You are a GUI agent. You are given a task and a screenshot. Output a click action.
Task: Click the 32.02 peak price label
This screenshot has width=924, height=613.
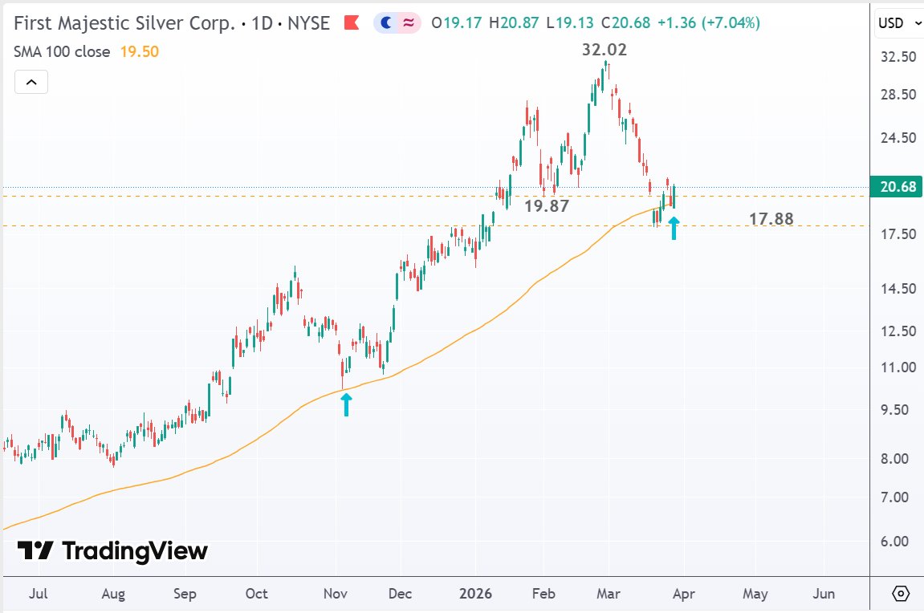click(x=604, y=49)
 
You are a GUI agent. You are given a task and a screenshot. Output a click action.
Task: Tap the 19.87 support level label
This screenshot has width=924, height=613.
click(x=547, y=205)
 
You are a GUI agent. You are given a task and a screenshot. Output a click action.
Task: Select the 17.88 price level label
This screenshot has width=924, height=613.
click(x=771, y=218)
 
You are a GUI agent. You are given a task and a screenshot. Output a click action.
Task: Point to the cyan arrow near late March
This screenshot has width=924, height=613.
click(x=674, y=228)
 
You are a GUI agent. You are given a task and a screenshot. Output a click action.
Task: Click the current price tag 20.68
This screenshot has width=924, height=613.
click(x=898, y=187)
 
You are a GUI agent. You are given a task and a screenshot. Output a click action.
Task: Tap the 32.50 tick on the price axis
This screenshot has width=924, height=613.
click(x=898, y=57)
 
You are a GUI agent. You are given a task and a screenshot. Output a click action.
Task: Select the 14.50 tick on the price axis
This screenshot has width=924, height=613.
click(x=898, y=288)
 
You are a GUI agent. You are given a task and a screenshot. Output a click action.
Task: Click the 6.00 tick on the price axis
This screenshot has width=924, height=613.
click(x=898, y=541)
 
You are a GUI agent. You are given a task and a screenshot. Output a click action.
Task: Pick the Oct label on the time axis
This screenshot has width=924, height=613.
click(x=256, y=594)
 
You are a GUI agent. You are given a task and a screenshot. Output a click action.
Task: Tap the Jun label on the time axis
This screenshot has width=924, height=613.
click(x=824, y=594)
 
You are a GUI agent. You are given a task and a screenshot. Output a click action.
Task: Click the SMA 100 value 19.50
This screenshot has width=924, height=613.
click(x=140, y=51)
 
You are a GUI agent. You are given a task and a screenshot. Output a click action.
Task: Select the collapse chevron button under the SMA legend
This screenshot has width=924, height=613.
click(x=31, y=82)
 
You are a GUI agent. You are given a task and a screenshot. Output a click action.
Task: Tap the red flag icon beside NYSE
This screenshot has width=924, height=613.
click(x=351, y=23)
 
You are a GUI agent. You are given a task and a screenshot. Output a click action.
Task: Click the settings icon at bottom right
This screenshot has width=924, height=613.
click(x=901, y=594)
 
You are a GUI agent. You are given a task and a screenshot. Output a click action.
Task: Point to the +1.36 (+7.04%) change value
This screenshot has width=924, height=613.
click(x=710, y=23)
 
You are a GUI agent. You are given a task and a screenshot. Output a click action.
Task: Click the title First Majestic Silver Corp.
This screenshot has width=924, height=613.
click(x=127, y=23)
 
